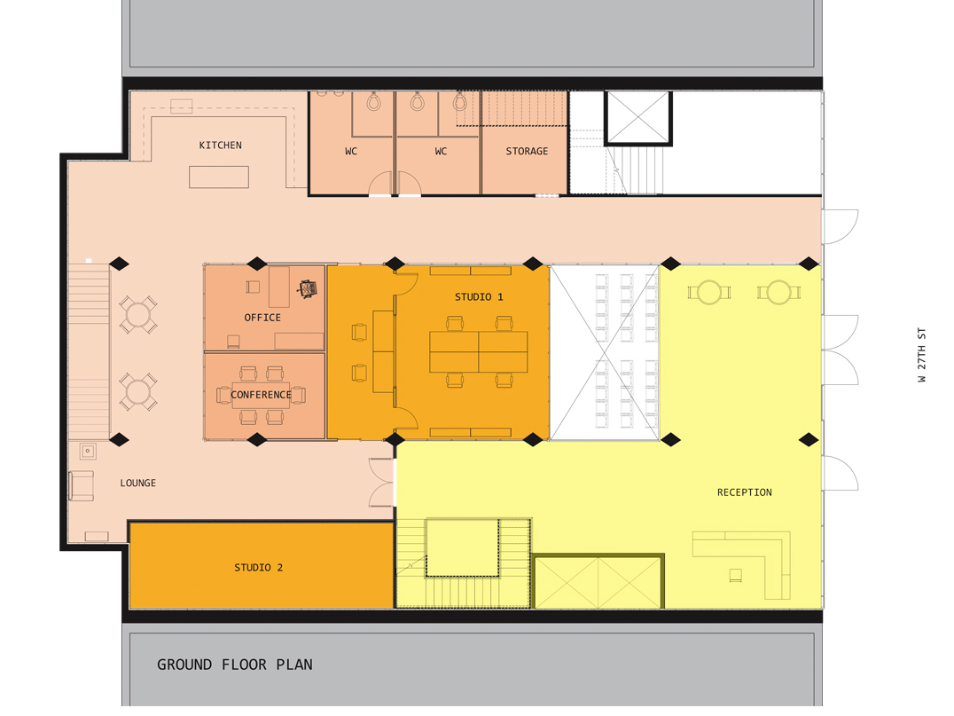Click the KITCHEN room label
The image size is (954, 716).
[x=220, y=145]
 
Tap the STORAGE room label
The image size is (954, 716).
[x=527, y=151]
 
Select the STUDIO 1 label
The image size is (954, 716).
[x=479, y=297]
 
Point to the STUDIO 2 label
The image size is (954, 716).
[x=259, y=568]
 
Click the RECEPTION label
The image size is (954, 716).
[x=744, y=492]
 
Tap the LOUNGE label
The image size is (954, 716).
[x=138, y=483]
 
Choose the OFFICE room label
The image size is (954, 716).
[x=262, y=318]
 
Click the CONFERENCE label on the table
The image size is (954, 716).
[x=261, y=395]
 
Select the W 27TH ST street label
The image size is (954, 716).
[x=922, y=355]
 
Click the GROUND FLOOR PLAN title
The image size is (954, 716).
[x=235, y=665]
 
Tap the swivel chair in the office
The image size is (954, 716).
[x=308, y=288]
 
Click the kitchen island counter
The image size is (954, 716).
[x=219, y=177]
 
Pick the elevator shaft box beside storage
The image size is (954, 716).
[x=638, y=118]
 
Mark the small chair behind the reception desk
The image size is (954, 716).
[x=736, y=575]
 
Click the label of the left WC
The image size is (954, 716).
[x=351, y=151]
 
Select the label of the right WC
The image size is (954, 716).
[x=442, y=151]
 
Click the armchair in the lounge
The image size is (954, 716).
[x=81, y=486]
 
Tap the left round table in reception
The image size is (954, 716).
[x=709, y=293]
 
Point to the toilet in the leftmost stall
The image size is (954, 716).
[x=373, y=101]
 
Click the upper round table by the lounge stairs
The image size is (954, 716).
[x=138, y=315]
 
